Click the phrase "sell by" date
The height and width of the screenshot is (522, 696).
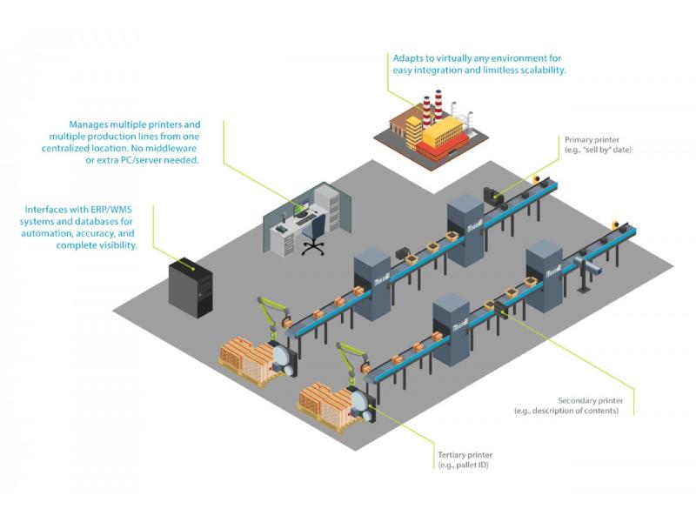(x=599, y=151)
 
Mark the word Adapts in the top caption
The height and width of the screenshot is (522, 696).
(x=407, y=57)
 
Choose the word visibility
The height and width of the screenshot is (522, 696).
(x=114, y=246)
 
